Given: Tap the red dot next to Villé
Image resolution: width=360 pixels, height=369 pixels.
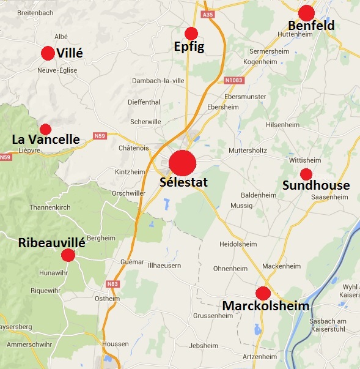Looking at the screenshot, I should point(48,53).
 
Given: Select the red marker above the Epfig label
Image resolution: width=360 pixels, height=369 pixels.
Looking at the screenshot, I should point(191,33).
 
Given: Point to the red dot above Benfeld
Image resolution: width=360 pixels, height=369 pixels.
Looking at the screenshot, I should point(306,12).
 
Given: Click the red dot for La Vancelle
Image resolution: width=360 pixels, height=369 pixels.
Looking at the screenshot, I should point(45,129).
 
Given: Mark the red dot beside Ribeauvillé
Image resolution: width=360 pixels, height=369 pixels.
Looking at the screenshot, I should point(68,255).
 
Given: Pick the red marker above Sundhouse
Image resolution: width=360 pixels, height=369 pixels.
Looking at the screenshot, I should point(306,174).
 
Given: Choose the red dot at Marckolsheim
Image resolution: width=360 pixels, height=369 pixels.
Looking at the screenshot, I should point(263,293).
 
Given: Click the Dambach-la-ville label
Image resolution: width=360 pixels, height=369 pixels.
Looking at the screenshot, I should point(158,80).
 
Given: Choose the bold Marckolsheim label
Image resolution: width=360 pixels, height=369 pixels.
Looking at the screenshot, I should point(266,306).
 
